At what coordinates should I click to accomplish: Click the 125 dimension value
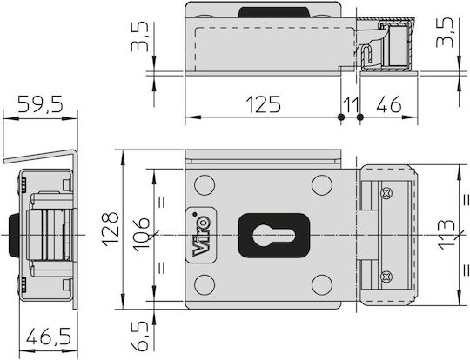tap(263, 104)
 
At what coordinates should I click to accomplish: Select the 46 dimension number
tap(389, 104)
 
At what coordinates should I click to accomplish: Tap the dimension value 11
tap(351, 105)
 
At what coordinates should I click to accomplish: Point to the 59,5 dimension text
tap(40, 104)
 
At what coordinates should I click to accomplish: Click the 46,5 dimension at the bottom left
tap(49, 336)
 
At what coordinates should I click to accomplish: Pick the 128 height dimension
tap(111, 229)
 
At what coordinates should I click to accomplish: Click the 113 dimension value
tap(446, 235)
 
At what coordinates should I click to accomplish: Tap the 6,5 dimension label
tap(140, 336)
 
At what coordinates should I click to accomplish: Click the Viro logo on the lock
tap(201, 235)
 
